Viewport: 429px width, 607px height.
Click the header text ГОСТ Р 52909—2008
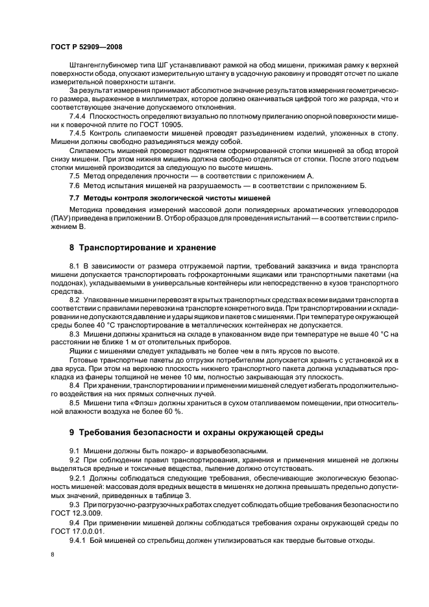click(86, 47)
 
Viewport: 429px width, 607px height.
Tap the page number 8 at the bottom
click(52, 556)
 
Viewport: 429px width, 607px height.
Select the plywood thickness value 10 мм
click(202, 376)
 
